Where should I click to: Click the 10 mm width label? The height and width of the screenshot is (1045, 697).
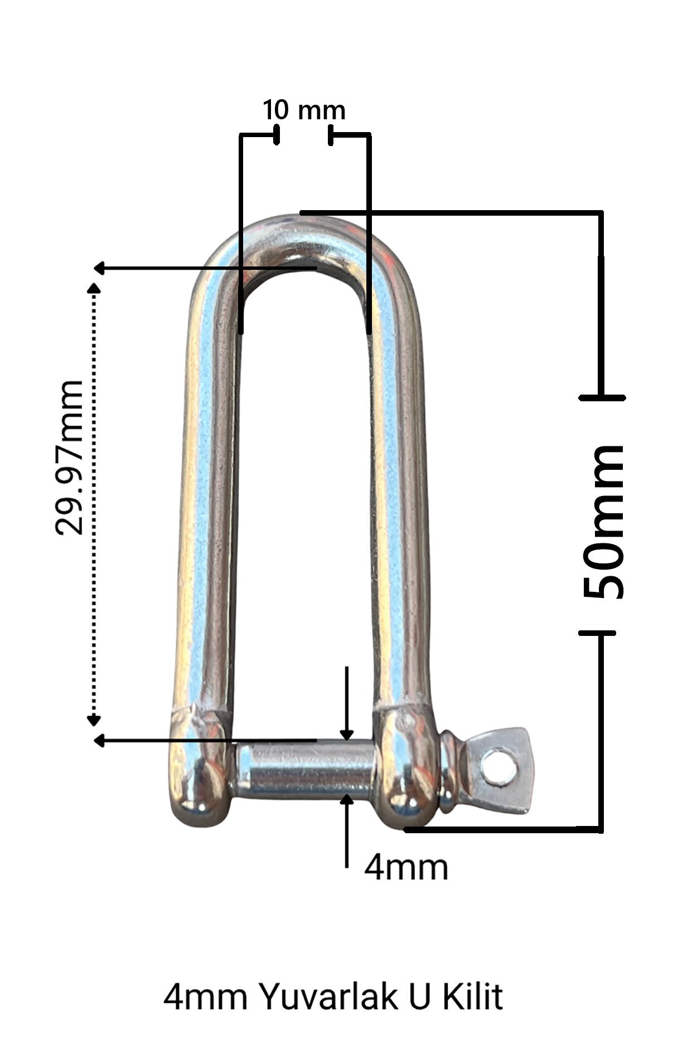point(304,110)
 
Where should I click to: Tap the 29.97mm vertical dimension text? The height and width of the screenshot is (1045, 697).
point(69,458)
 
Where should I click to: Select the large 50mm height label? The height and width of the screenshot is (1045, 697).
point(603,522)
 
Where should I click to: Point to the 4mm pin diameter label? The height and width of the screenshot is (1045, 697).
point(406,868)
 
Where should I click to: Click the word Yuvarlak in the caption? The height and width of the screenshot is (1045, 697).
point(329,997)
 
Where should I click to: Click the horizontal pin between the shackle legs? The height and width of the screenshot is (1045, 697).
point(306,770)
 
